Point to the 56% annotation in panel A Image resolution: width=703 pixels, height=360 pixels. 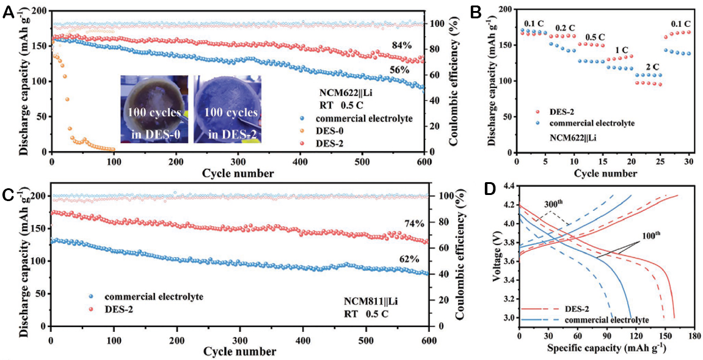[x=399, y=70]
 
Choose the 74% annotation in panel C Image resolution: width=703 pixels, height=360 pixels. [x=406, y=224]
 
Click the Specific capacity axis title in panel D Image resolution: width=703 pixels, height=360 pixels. [x=605, y=348]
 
